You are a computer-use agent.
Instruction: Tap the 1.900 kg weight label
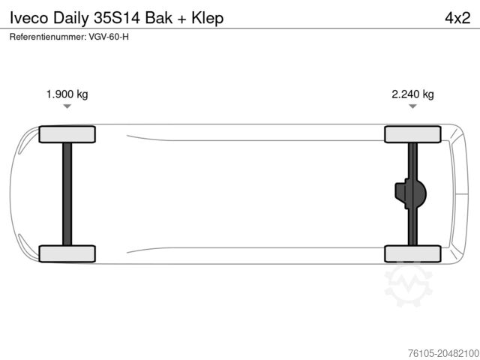click(x=67, y=94)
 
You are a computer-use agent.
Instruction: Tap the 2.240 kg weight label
click(x=412, y=94)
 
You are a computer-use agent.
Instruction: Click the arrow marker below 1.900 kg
click(x=67, y=106)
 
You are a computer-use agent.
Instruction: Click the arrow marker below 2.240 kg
click(x=412, y=106)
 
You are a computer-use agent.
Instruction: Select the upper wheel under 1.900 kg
click(x=67, y=134)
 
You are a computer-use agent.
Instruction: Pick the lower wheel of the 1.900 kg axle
click(x=67, y=253)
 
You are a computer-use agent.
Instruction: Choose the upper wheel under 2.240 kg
click(x=412, y=134)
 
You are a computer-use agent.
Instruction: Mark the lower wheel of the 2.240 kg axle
click(x=412, y=253)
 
